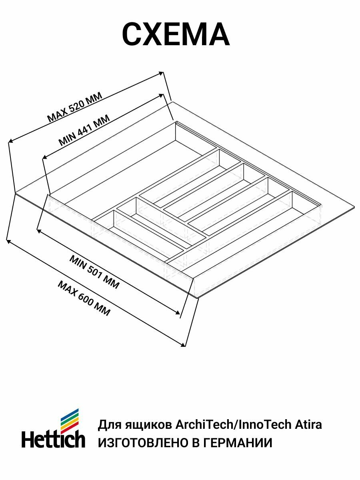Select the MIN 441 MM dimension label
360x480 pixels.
tap(84, 129)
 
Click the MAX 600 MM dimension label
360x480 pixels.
tap(84, 298)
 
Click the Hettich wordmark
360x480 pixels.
tap(53, 439)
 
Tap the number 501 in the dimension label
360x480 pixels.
tap(96, 273)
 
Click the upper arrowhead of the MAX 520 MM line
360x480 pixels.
tap(162, 73)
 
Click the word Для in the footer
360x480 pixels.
tap(107, 424)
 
